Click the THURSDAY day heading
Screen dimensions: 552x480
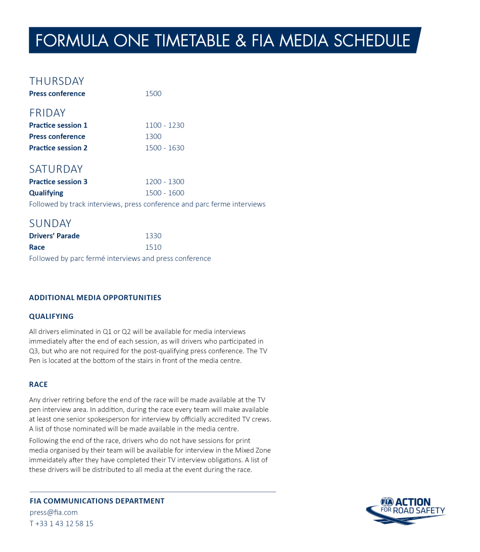pos(57,81)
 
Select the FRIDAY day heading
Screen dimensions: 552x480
pos(47,113)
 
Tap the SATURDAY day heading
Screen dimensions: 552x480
pos(56,169)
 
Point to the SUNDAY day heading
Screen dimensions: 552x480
pos(50,224)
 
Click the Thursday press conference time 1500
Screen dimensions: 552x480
pos(153,94)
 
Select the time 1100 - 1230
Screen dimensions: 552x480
pos(165,126)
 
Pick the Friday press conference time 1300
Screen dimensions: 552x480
pos(153,137)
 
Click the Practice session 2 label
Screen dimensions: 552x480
pos(58,148)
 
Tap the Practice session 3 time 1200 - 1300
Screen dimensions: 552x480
pos(165,182)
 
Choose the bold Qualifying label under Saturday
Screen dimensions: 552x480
pos(46,193)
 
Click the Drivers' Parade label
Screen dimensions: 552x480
pos(54,236)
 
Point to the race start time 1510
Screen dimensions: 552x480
pos(153,248)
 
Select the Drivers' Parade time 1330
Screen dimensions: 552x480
pos(153,236)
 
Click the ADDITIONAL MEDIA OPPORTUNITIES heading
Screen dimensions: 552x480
pos(95,298)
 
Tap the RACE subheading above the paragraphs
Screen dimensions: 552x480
pos(38,384)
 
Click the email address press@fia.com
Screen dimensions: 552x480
pos(54,513)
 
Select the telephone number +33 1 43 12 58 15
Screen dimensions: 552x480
pos(64,524)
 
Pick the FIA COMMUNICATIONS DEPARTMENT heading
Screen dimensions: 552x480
pos(97,501)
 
